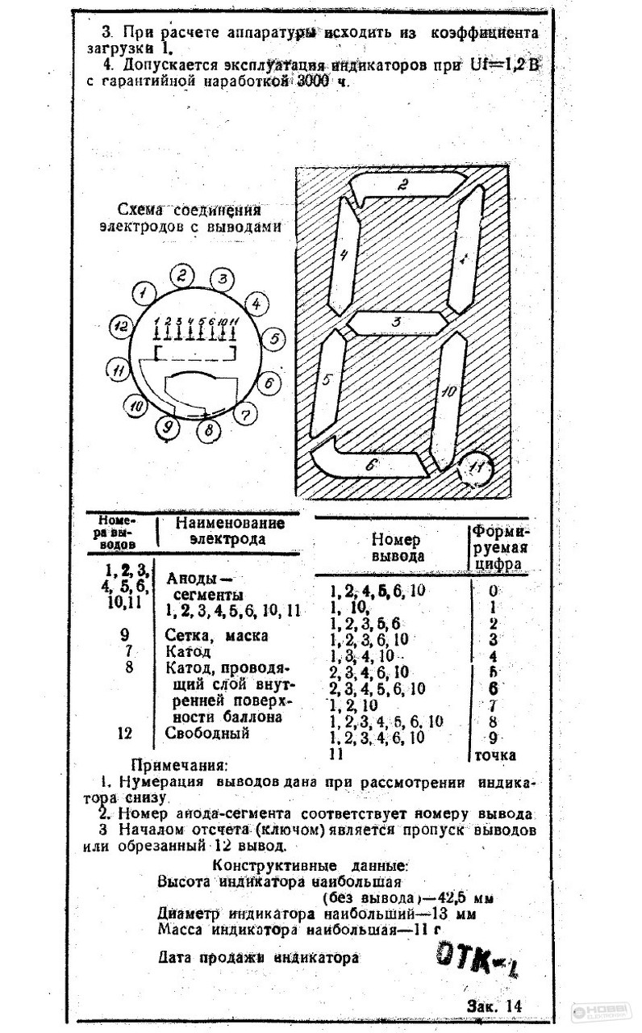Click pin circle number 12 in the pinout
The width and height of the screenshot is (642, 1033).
pos(120,327)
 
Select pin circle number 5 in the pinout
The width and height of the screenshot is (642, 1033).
pos(273,339)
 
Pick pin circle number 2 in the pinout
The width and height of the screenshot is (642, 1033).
pos(183,275)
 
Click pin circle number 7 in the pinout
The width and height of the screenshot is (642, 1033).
pos(245,415)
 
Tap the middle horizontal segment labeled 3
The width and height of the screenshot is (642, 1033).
pos(396,322)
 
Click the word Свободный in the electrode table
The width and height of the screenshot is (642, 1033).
pos(207,734)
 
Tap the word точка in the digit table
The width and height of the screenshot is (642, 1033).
pos(493,755)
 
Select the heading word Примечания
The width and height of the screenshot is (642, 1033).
pos(180,764)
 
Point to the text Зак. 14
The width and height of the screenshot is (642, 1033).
pos(494,1006)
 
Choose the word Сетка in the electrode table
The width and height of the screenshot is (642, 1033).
pos(189,635)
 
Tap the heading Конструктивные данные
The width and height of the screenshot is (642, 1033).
pos(310,866)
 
